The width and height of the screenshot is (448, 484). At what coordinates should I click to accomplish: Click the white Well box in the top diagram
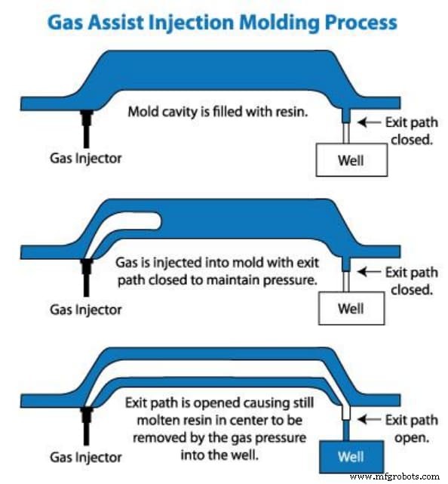tap(351, 160)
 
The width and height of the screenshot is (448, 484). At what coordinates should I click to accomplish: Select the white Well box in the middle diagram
tap(351, 308)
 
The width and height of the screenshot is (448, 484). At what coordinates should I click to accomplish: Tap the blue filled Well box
tap(351, 456)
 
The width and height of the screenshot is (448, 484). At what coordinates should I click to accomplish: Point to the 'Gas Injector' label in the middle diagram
tap(84, 309)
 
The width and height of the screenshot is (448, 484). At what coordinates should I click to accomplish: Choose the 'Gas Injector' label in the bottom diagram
tap(84, 457)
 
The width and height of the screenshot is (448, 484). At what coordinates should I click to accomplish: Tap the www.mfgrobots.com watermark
tap(395, 477)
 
